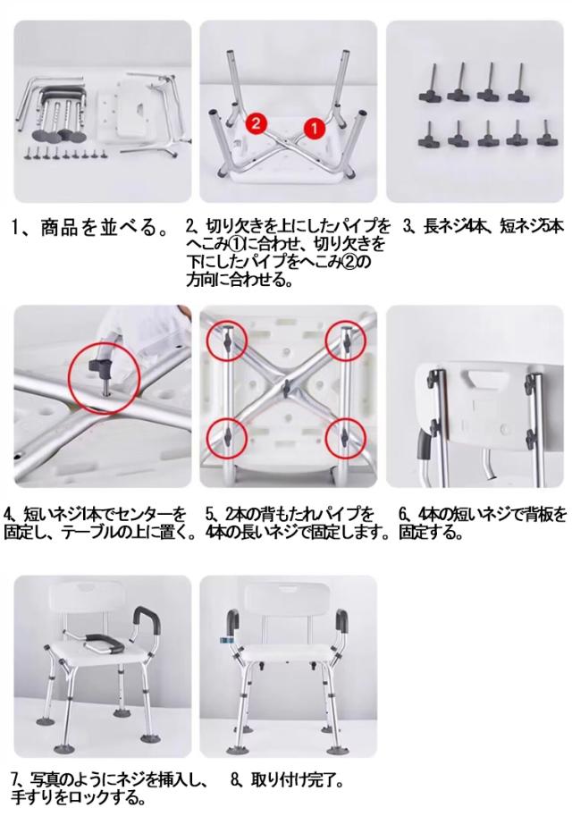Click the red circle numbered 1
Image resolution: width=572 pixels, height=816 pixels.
coord(314,128)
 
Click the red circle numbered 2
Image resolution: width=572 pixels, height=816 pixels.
coord(256,123)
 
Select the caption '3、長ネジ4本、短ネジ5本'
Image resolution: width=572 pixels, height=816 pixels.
coord(483,227)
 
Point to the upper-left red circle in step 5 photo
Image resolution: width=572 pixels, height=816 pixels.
coord(226,341)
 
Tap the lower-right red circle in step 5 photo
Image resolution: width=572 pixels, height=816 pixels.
coord(345,439)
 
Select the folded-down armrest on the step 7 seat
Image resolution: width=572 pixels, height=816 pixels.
coord(104,644)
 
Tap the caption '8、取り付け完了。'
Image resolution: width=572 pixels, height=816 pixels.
coord(286,780)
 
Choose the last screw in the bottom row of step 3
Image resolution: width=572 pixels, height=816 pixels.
coord(546,133)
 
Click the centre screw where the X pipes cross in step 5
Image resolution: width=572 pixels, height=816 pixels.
coord(286,386)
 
